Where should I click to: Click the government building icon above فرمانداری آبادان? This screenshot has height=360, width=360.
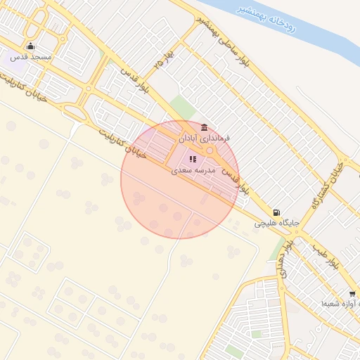click(x=204, y=127)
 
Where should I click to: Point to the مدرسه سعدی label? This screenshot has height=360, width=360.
click(x=195, y=171)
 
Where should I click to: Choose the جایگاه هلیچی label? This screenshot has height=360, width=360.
click(x=277, y=223)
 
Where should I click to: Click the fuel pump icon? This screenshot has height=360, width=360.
click(x=276, y=212)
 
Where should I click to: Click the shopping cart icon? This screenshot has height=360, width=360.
click(x=352, y=294)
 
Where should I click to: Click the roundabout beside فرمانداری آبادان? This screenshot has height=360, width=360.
click(x=210, y=150)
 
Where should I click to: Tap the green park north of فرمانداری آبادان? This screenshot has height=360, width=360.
click(x=183, y=108)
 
